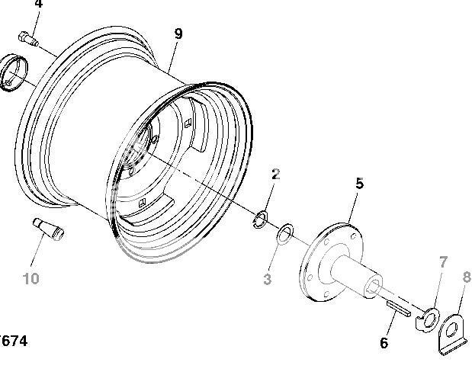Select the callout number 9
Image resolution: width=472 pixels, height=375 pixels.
click(x=178, y=34)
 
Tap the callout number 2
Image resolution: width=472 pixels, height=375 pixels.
click(x=275, y=175)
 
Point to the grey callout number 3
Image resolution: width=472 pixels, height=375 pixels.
click(x=267, y=280)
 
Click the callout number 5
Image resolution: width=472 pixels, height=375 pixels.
click(x=359, y=183)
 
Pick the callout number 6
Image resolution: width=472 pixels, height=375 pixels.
click(x=384, y=343)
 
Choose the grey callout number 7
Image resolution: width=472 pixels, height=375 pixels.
click(x=442, y=263)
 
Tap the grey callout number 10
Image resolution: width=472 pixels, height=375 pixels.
click(x=31, y=279)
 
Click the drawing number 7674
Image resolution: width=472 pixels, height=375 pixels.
click(x=14, y=341)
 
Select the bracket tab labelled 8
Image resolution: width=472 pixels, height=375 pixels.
click(x=454, y=333)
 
